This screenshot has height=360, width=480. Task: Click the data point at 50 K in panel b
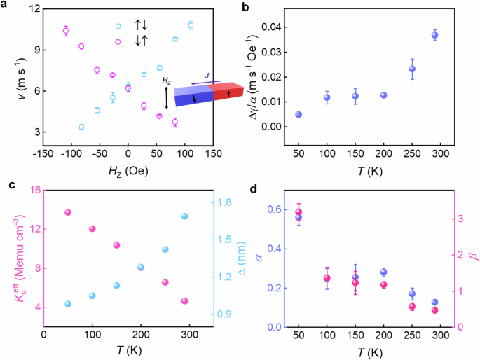(x=299, y=114)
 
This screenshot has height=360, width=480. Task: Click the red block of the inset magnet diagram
(x=227, y=92)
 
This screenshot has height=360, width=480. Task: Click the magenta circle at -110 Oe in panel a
(x=66, y=31)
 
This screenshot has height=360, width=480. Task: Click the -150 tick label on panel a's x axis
(x=43, y=153)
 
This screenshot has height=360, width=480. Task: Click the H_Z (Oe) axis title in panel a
(x=128, y=169)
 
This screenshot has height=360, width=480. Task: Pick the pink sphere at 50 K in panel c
(x=68, y=212)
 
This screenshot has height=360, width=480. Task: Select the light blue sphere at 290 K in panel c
(x=185, y=216)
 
